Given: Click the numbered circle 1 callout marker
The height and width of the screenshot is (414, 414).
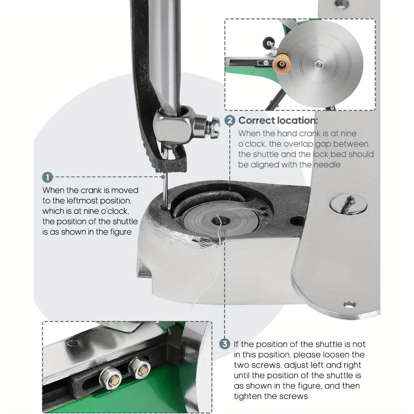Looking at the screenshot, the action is click(x=48, y=177).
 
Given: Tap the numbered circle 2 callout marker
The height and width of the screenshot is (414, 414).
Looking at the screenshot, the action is click(x=230, y=120).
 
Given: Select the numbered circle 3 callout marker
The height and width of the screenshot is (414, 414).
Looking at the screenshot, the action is click(x=225, y=344).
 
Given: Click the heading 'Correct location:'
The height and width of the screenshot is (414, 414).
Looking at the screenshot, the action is click(x=278, y=120).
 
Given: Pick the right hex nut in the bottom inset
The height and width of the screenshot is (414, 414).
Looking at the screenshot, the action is click(x=139, y=368).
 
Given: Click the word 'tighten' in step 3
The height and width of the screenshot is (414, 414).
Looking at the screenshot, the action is click(x=247, y=396).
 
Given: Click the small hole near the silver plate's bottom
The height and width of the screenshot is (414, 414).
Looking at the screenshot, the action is click(x=349, y=304).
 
